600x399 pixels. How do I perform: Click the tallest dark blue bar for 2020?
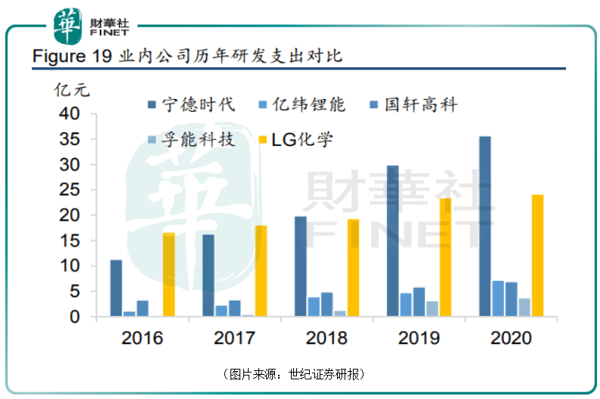point(484,227)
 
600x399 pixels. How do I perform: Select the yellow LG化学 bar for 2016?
point(169,275)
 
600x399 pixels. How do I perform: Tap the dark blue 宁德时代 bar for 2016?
point(116,289)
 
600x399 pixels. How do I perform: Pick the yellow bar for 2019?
point(446,258)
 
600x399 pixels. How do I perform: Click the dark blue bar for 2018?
point(300,267)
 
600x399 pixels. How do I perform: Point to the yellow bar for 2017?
point(261,271)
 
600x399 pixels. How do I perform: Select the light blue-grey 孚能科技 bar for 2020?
point(524,308)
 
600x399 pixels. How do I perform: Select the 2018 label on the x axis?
point(326,338)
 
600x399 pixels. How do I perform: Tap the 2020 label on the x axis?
point(511,338)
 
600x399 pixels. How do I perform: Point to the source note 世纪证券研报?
point(326,374)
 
